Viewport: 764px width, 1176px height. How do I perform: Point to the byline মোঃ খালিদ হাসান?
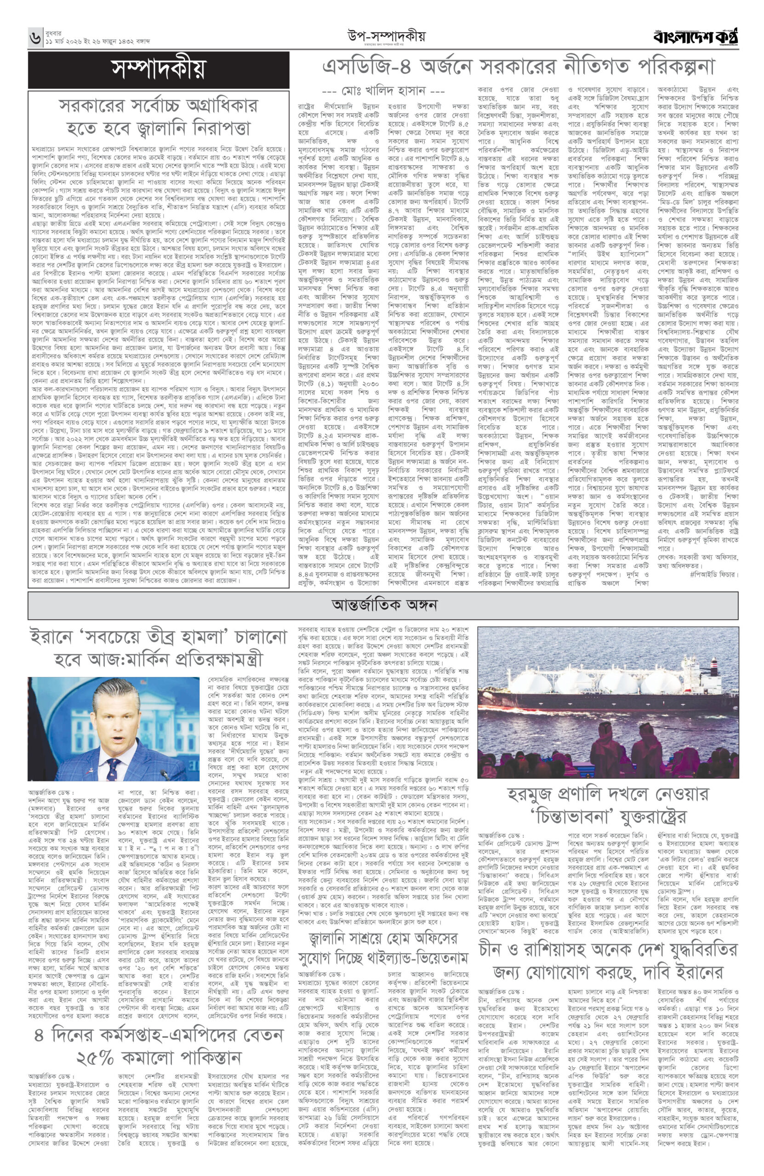(383, 91)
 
